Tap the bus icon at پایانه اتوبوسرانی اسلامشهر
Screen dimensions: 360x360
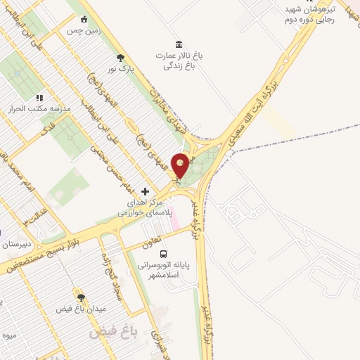(x=163, y=253)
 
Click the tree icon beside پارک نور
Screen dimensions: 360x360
(x=121, y=58)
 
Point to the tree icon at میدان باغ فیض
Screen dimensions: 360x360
(x=81, y=297)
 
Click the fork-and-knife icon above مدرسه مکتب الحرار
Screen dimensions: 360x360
(x=39, y=98)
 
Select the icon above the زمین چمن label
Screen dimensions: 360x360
(x=85, y=19)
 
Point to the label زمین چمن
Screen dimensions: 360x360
(x=80, y=31)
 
